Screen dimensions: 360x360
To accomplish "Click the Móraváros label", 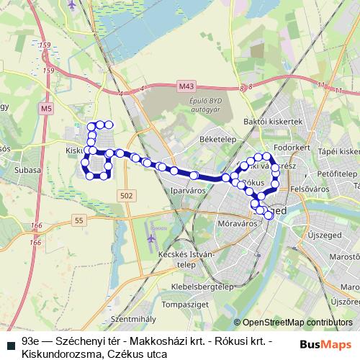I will pyautogui.click(x=237, y=224).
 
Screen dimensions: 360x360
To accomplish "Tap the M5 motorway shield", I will pyautogui.click(x=46, y=109).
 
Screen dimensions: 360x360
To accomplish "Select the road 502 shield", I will pyautogui.click(x=127, y=196).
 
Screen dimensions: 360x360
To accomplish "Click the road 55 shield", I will pyautogui.click(x=78, y=220).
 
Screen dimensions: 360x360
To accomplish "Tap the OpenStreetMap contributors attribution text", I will pyautogui.click(x=294, y=323).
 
